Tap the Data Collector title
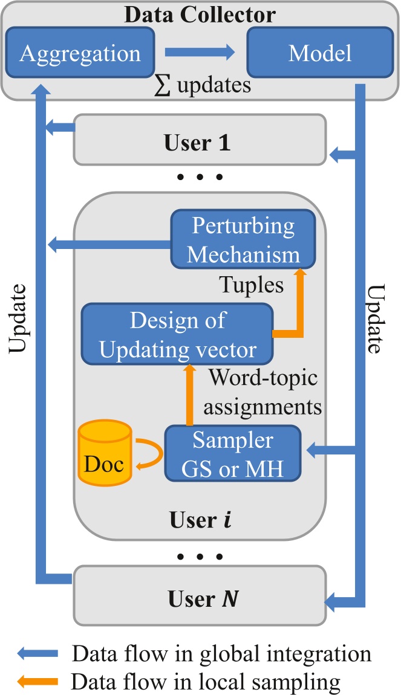pos(200,15)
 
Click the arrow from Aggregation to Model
pos(200,53)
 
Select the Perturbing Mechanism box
pos(243,240)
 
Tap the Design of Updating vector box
pos(177,333)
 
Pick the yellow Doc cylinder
pos(104,456)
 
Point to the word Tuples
pos(251,285)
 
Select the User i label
pos(200,520)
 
